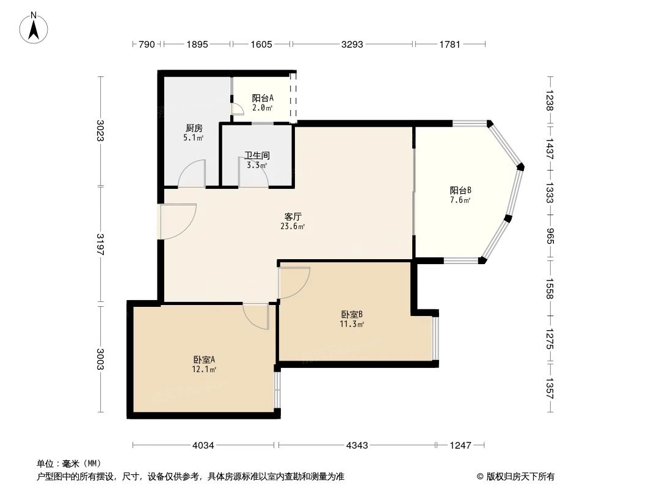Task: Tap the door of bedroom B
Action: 293,282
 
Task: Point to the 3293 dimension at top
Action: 352,44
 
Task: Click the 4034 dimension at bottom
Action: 203,446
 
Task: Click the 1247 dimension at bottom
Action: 460,446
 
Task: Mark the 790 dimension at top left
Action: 147,44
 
